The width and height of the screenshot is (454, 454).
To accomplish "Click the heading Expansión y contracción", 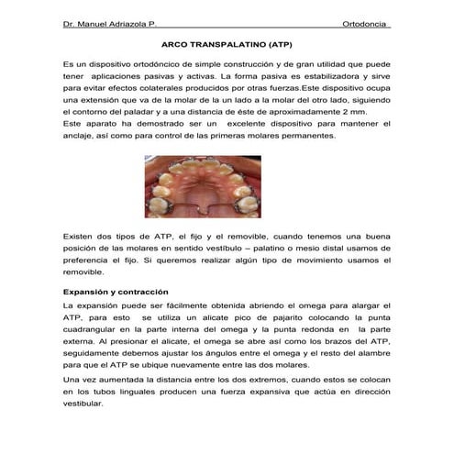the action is coord(111,292).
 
